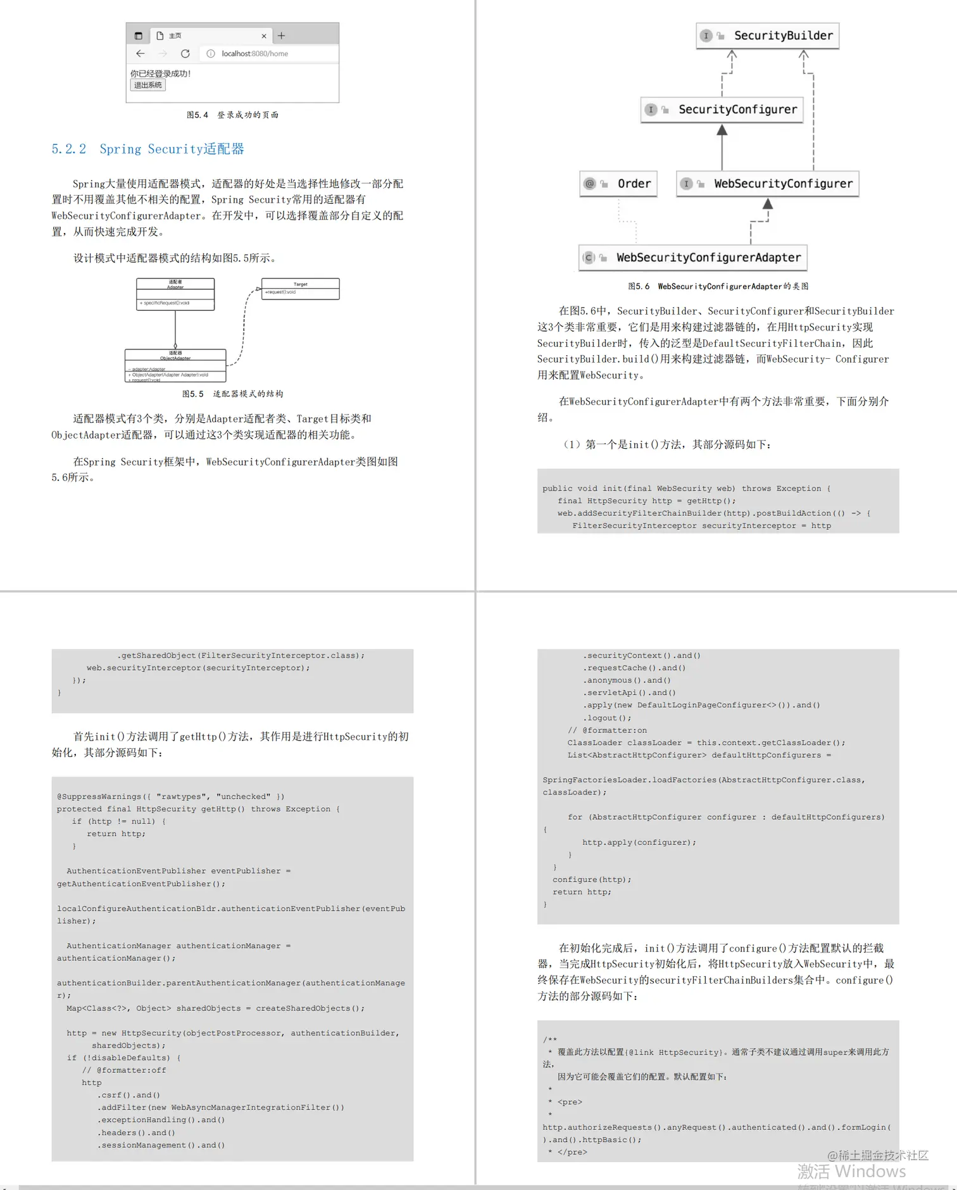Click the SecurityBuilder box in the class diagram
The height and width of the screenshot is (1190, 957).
(768, 35)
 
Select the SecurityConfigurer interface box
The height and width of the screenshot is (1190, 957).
(722, 110)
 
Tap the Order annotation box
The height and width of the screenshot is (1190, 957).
(618, 184)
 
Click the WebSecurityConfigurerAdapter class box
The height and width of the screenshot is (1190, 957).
(693, 258)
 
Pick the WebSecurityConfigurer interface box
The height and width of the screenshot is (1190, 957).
(768, 184)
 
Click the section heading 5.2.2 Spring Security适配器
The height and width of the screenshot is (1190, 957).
(147, 149)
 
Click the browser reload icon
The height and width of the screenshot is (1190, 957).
(185, 54)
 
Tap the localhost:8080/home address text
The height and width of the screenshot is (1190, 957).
(254, 54)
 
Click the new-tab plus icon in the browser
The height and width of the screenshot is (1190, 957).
(282, 36)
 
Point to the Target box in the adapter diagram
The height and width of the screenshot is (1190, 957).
(300, 289)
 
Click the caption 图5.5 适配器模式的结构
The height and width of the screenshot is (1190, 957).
(232, 394)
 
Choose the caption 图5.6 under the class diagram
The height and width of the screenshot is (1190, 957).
(718, 286)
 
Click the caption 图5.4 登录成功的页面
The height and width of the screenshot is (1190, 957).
(232, 115)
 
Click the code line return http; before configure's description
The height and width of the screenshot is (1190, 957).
(582, 892)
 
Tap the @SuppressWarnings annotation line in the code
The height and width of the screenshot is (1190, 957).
(170, 796)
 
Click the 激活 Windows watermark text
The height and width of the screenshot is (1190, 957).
(851, 1172)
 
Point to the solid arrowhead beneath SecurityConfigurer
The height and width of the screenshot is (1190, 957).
(722, 130)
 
